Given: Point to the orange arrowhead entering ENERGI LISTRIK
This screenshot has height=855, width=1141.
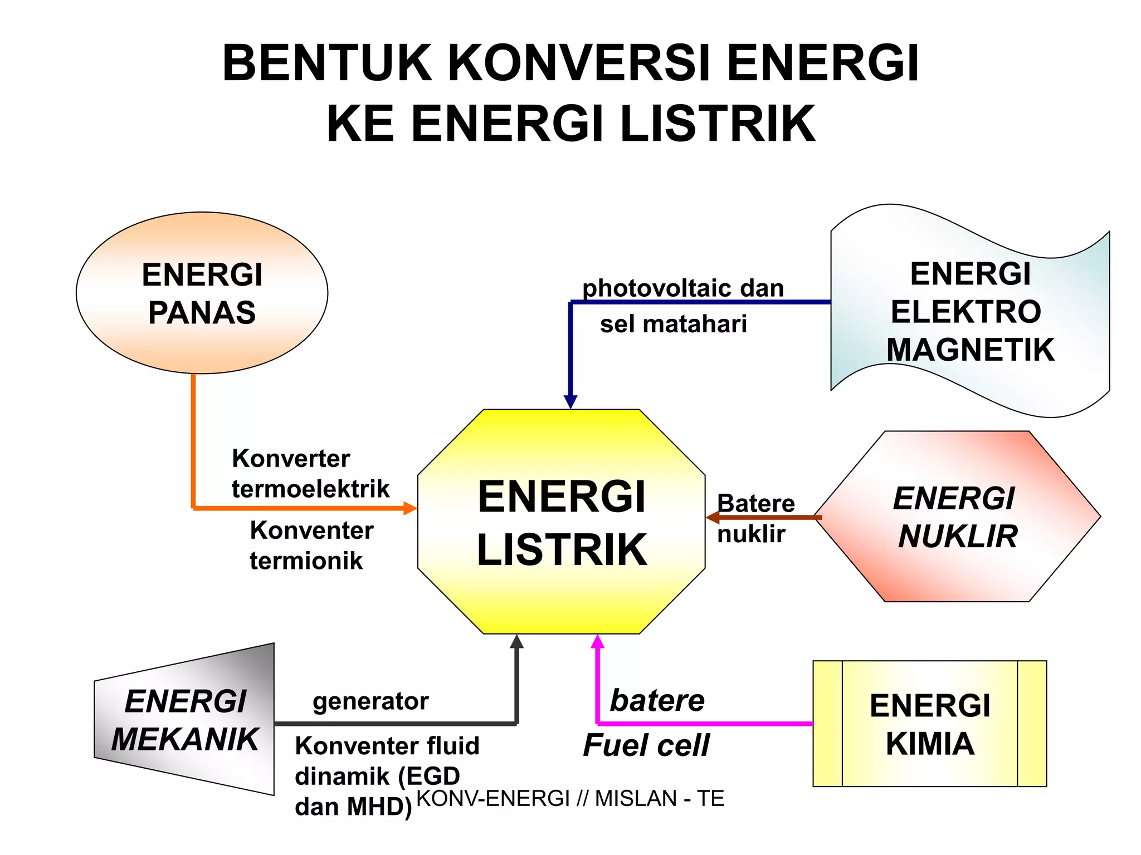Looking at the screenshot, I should click(x=410, y=508).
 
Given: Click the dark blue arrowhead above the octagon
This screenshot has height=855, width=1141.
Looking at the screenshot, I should click(x=570, y=401).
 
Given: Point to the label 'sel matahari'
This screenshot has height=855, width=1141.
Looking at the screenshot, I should click(x=673, y=324).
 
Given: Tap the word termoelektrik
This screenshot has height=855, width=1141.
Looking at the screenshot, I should click(x=310, y=489).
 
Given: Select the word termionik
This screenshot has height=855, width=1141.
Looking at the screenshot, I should click(x=306, y=561).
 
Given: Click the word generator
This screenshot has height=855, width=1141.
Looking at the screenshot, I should click(x=370, y=701).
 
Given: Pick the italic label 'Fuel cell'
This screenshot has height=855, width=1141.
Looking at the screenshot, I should click(x=646, y=745).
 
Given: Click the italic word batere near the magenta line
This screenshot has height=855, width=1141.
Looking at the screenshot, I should click(x=657, y=700).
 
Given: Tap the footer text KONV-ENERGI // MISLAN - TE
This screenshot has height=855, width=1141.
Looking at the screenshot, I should click(x=570, y=798).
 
